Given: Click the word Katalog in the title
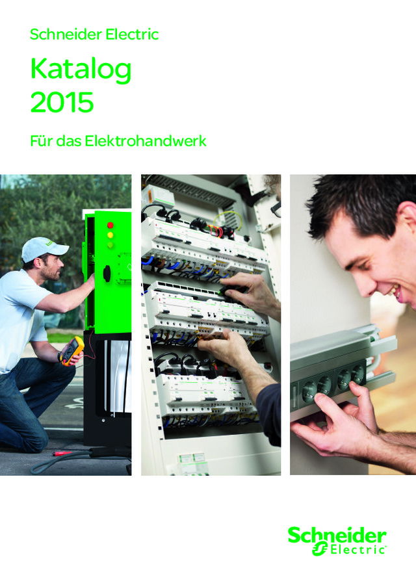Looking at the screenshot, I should pyautogui.click(x=81, y=70).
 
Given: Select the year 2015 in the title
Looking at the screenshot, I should pyautogui.click(x=62, y=103).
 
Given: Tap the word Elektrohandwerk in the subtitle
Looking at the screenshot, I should pyautogui.click(x=145, y=140).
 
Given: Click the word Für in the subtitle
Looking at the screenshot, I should pyautogui.click(x=40, y=140).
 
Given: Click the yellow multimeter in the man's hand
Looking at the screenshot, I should pyautogui.click(x=71, y=350).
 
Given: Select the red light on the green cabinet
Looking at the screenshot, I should pyautogui.click(x=110, y=225).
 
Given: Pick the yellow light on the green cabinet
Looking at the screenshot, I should pyautogui.click(x=110, y=235).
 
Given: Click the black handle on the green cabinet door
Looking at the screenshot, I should pyautogui.click(x=107, y=274).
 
